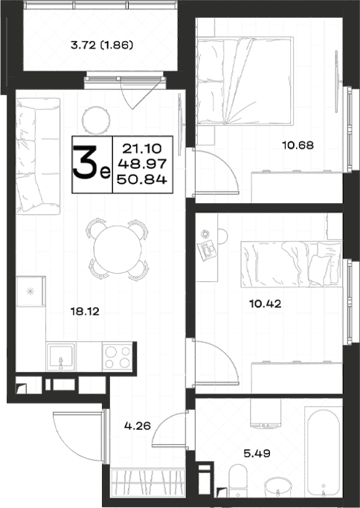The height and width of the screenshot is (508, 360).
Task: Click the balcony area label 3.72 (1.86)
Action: click(x=102, y=45)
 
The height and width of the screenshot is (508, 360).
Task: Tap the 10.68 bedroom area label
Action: click(x=298, y=145)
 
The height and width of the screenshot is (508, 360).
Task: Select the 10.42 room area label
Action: click(x=265, y=304)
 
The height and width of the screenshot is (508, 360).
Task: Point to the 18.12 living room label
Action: click(x=85, y=312)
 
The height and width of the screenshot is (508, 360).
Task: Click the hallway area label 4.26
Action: click(x=138, y=425)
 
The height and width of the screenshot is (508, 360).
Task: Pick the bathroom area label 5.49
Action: click(x=257, y=453)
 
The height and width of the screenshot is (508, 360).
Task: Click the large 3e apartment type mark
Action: click(x=91, y=164)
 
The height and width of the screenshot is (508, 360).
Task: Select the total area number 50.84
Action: click(x=142, y=179)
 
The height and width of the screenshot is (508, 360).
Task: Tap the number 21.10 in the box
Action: click(x=142, y=149)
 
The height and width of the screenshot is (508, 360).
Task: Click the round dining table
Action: click(x=118, y=249)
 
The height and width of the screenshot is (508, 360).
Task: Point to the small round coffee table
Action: click(x=96, y=120)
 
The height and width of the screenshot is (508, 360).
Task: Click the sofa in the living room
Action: click(x=38, y=156)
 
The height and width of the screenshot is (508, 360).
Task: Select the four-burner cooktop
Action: click(x=118, y=357)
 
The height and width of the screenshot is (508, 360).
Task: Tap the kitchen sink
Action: click(x=60, y=357)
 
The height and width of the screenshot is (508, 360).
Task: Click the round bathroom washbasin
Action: click(x=278, y=487)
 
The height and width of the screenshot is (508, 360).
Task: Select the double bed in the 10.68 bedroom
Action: click(x=245, y=81)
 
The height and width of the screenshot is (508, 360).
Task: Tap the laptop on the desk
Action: click(x=207, y=249)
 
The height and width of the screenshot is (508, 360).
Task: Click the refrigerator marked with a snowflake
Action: click(x=30, y=292)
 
